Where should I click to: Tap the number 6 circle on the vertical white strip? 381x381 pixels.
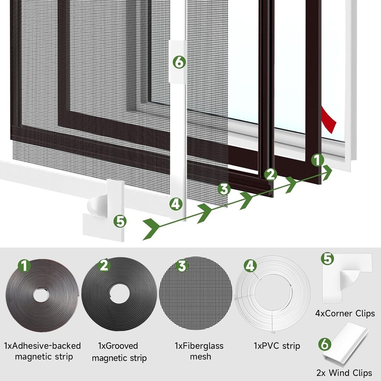[x=179, y=62]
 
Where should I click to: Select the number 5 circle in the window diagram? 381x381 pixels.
[x=120, y=221]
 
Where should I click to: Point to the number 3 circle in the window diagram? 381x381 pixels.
[x=224, y=189]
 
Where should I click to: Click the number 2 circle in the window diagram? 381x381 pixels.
[x=270, y=174]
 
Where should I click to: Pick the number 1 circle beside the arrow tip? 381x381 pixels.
[x=317, y=160]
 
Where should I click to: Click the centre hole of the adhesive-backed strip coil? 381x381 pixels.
[x=41, y=295]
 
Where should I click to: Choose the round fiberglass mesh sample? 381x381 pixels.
[x=195, y=293]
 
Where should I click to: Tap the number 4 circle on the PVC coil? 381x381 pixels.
[x=250, y=266]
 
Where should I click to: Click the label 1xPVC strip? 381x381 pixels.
[x=277, y=346]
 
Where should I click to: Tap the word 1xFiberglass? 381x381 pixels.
[x=199, y=346]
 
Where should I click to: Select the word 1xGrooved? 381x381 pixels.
[x=118, y=346]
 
